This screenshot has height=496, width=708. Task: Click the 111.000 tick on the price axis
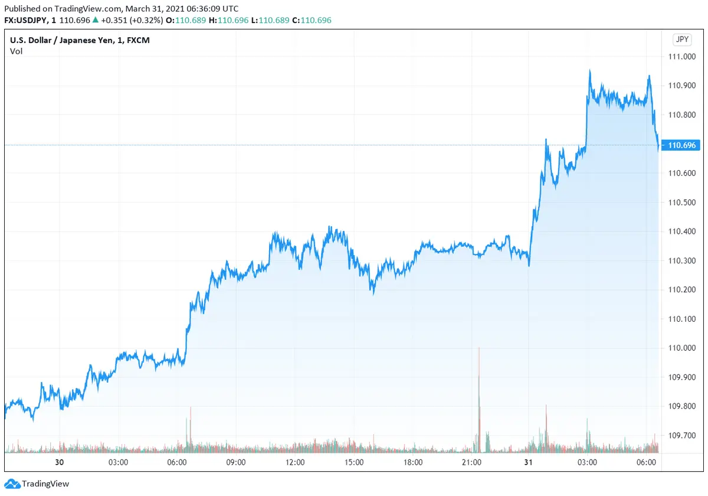pyautogui.click(x=681, y=57)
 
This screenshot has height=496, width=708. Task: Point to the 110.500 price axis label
pyautogui.click(x=681, y=202)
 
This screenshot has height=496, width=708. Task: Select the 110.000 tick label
pyautogui.click(x=681, y=348)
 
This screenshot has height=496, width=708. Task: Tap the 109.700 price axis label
pyautogui.click(x=681, y=435)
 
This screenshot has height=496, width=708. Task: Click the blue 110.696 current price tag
pyautogui.click(x=681, y=145)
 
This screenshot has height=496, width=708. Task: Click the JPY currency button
pyautogui.click(x=681, y=40)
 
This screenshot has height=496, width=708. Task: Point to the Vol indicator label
pyautogui.click(x=16, y=51)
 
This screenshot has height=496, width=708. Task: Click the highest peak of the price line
pyautogui.click(x=589, y=71)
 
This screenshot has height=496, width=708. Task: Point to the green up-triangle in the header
pyautogui.click(x=95, y=20)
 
